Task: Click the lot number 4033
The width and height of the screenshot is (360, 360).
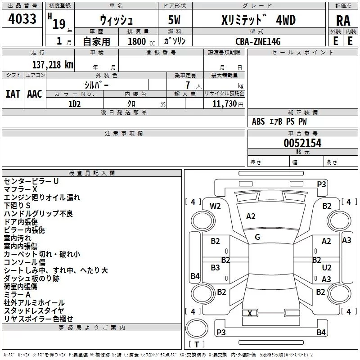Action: coord(22,18)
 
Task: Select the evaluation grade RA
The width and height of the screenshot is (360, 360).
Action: coord(343,21)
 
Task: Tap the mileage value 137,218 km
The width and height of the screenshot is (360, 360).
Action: coord(53,65)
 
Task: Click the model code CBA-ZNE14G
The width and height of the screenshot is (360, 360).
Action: coord(258,41)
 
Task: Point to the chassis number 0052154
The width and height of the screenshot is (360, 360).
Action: coord(302,143)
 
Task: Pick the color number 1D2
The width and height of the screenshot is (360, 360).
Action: coord(75,104)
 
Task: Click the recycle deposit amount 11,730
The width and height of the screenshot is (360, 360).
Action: coord(224,104)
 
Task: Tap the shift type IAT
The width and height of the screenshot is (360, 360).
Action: coord(13,94)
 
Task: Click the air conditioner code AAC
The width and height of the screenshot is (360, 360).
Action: coord(35,94)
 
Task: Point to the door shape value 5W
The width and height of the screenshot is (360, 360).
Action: coord(174,20)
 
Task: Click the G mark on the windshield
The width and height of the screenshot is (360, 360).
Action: coord(257,237)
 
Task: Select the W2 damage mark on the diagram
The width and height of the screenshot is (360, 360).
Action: coord(215,206)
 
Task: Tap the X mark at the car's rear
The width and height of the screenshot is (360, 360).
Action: coord(250,313)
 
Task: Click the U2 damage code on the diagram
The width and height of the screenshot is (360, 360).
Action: coord(327,267)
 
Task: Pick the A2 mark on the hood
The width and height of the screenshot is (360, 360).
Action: coord(251,216)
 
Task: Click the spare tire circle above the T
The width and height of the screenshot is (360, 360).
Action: coord(197,328)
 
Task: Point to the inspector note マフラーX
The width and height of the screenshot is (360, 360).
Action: coord(20,189)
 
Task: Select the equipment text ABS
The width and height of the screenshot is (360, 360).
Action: coord(258,121)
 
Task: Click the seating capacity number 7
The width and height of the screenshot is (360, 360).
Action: coord(188,85)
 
